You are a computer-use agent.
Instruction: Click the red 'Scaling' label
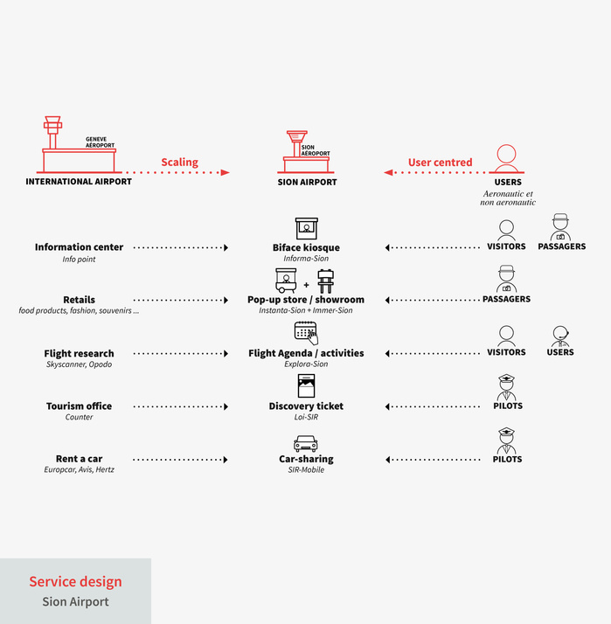pos(179,163)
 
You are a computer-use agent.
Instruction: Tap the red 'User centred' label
pos(441,163)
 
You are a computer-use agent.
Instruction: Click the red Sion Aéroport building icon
pos(306,152)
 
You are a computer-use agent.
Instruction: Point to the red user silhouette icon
pos(506,159)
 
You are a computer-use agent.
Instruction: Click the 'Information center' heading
pos(79,247)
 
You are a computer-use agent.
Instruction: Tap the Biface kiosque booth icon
pos(307,228)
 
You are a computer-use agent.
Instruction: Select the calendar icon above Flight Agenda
pos(306,333)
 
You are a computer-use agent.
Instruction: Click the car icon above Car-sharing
pos(306,443)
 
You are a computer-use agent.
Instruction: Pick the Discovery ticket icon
pos(306,385)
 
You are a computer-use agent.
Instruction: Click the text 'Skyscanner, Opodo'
pos(79,364)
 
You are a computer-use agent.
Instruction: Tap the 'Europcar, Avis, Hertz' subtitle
pos(79,469)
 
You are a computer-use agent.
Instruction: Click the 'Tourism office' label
pos(79,406)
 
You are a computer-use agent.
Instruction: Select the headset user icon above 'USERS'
pos(560,336)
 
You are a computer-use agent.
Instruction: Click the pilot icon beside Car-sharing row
pos(507,441)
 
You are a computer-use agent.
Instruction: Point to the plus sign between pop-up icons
pos(306,285)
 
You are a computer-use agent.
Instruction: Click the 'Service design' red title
pos(76,582)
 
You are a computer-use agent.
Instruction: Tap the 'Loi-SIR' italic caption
pos(306,417)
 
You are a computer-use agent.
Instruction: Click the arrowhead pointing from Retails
pos(226,300)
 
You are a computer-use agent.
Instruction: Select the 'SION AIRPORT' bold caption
pos(307,183)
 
